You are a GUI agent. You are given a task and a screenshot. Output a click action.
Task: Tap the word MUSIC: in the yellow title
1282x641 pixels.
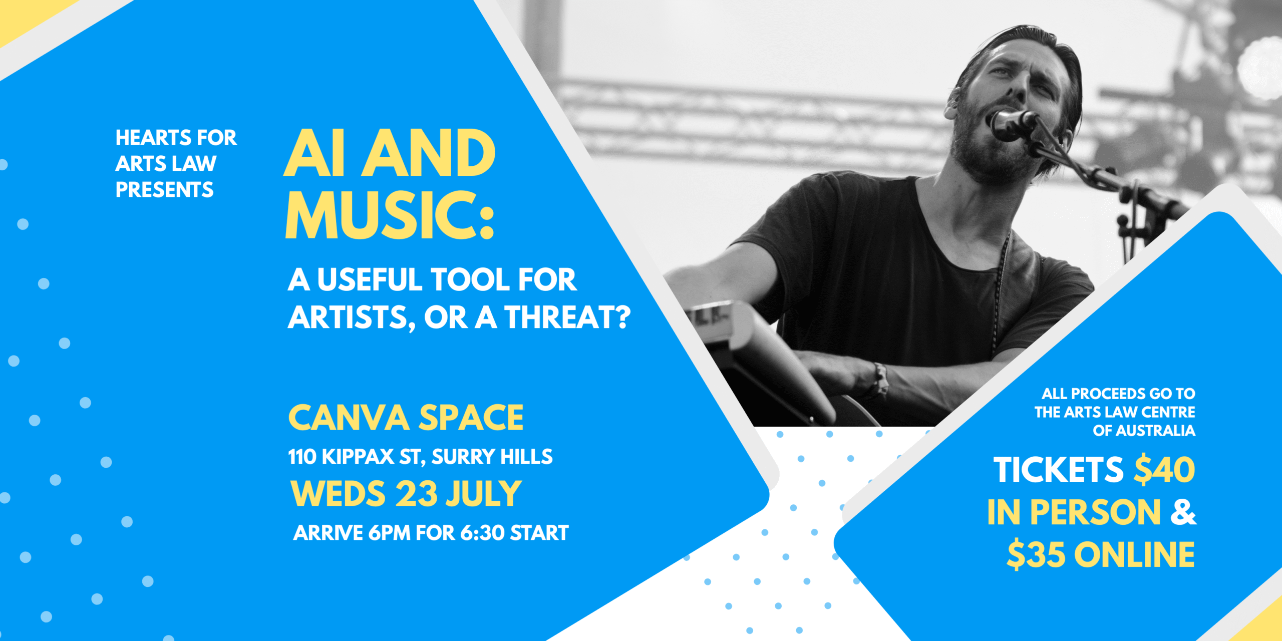coord(390,215)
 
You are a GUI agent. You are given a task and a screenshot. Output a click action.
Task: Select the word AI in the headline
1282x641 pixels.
coord(314,153)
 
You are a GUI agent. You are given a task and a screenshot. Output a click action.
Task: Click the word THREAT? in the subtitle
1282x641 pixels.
coord(567,317)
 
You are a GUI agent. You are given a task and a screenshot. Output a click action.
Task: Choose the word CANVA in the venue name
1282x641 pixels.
coord(349,418)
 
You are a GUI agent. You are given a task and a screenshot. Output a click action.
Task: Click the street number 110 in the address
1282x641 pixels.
coord(302,457)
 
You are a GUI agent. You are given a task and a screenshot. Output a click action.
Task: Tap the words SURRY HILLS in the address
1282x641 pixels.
coord(492,457)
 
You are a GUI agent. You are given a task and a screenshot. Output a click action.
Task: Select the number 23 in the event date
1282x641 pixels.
coord(417,494)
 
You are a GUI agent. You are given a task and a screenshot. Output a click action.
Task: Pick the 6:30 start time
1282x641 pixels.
coord(482,533)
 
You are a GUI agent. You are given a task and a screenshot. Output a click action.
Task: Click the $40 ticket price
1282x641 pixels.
coord(1164,470)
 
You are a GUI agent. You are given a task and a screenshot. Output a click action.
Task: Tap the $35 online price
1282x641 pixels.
coord(1036,555)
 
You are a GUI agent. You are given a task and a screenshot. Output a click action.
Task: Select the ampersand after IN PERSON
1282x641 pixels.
coord(1183,512)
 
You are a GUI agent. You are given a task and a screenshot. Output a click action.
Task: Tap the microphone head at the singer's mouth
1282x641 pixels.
coord(1013,122)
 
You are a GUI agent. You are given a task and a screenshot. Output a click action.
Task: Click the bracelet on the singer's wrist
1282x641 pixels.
coord(880,380)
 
